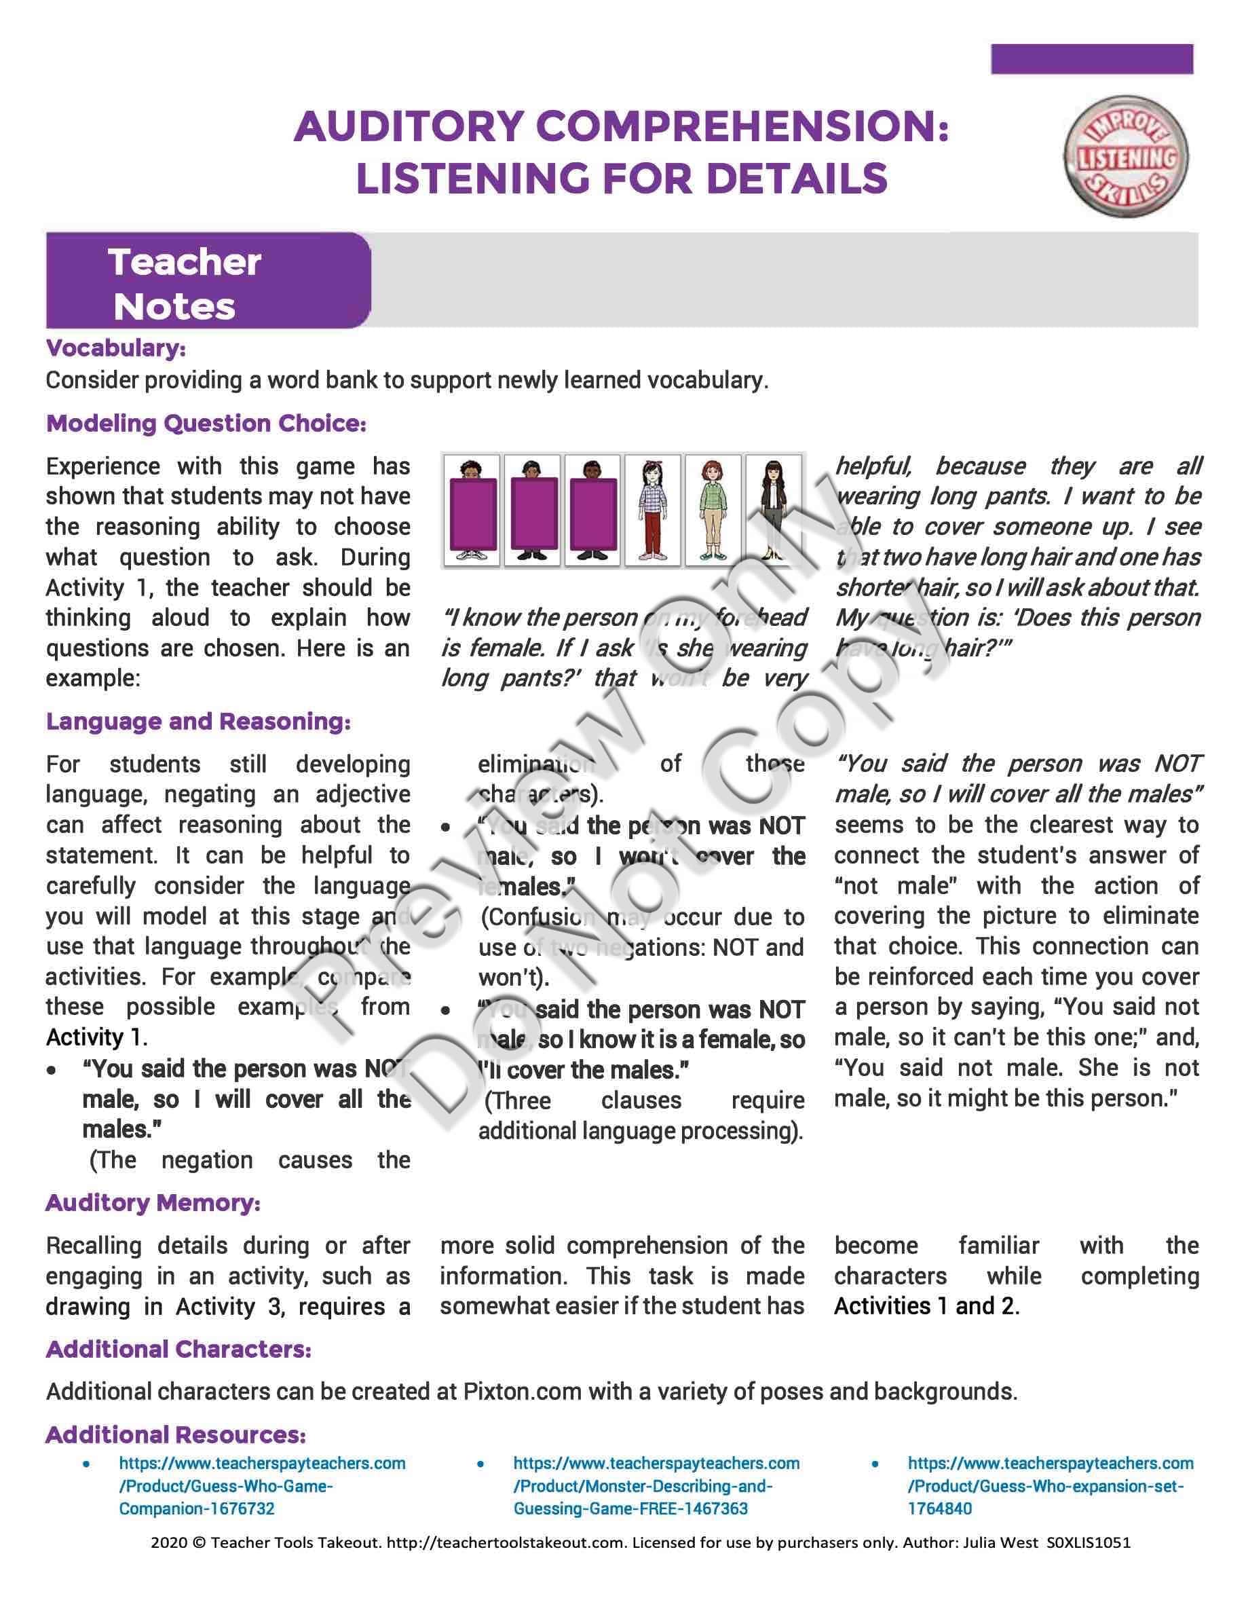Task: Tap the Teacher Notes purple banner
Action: coord(208,280)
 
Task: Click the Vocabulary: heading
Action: coord(116,348)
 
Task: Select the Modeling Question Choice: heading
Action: coord(206,423)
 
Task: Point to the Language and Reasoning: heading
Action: coord(197,721)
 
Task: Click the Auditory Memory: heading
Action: coord(153,1203)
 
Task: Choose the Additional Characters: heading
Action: coord(178,1350)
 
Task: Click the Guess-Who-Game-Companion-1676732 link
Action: coord(262,1486)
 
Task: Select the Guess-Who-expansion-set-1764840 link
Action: coord(1050,1486)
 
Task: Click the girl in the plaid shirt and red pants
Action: coord(654,511)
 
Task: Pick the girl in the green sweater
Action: coord(714,511)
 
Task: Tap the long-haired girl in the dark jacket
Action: coord(774,511)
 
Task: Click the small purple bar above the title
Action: coord(1092,59)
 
